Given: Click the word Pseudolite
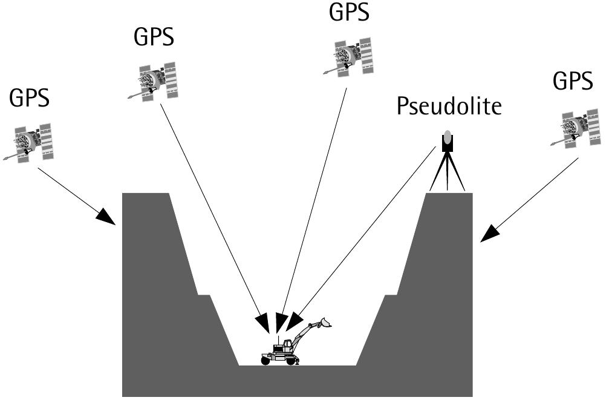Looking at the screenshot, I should pyautogui.click(x=449, y=107).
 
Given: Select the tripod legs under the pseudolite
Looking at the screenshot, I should pyautogui.click(x=447, y=172).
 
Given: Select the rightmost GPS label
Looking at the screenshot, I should pyautogui.click(x=573, y=80).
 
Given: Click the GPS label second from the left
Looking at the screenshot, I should pyautogui.click(x=154, y=37).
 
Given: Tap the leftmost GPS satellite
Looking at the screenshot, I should pyautogui.click(x=28, y=144).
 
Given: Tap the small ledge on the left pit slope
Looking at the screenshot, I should pyautogui.click(x=203, y=295).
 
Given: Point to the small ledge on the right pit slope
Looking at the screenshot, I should pyautogui.click(x=391, y=295).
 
